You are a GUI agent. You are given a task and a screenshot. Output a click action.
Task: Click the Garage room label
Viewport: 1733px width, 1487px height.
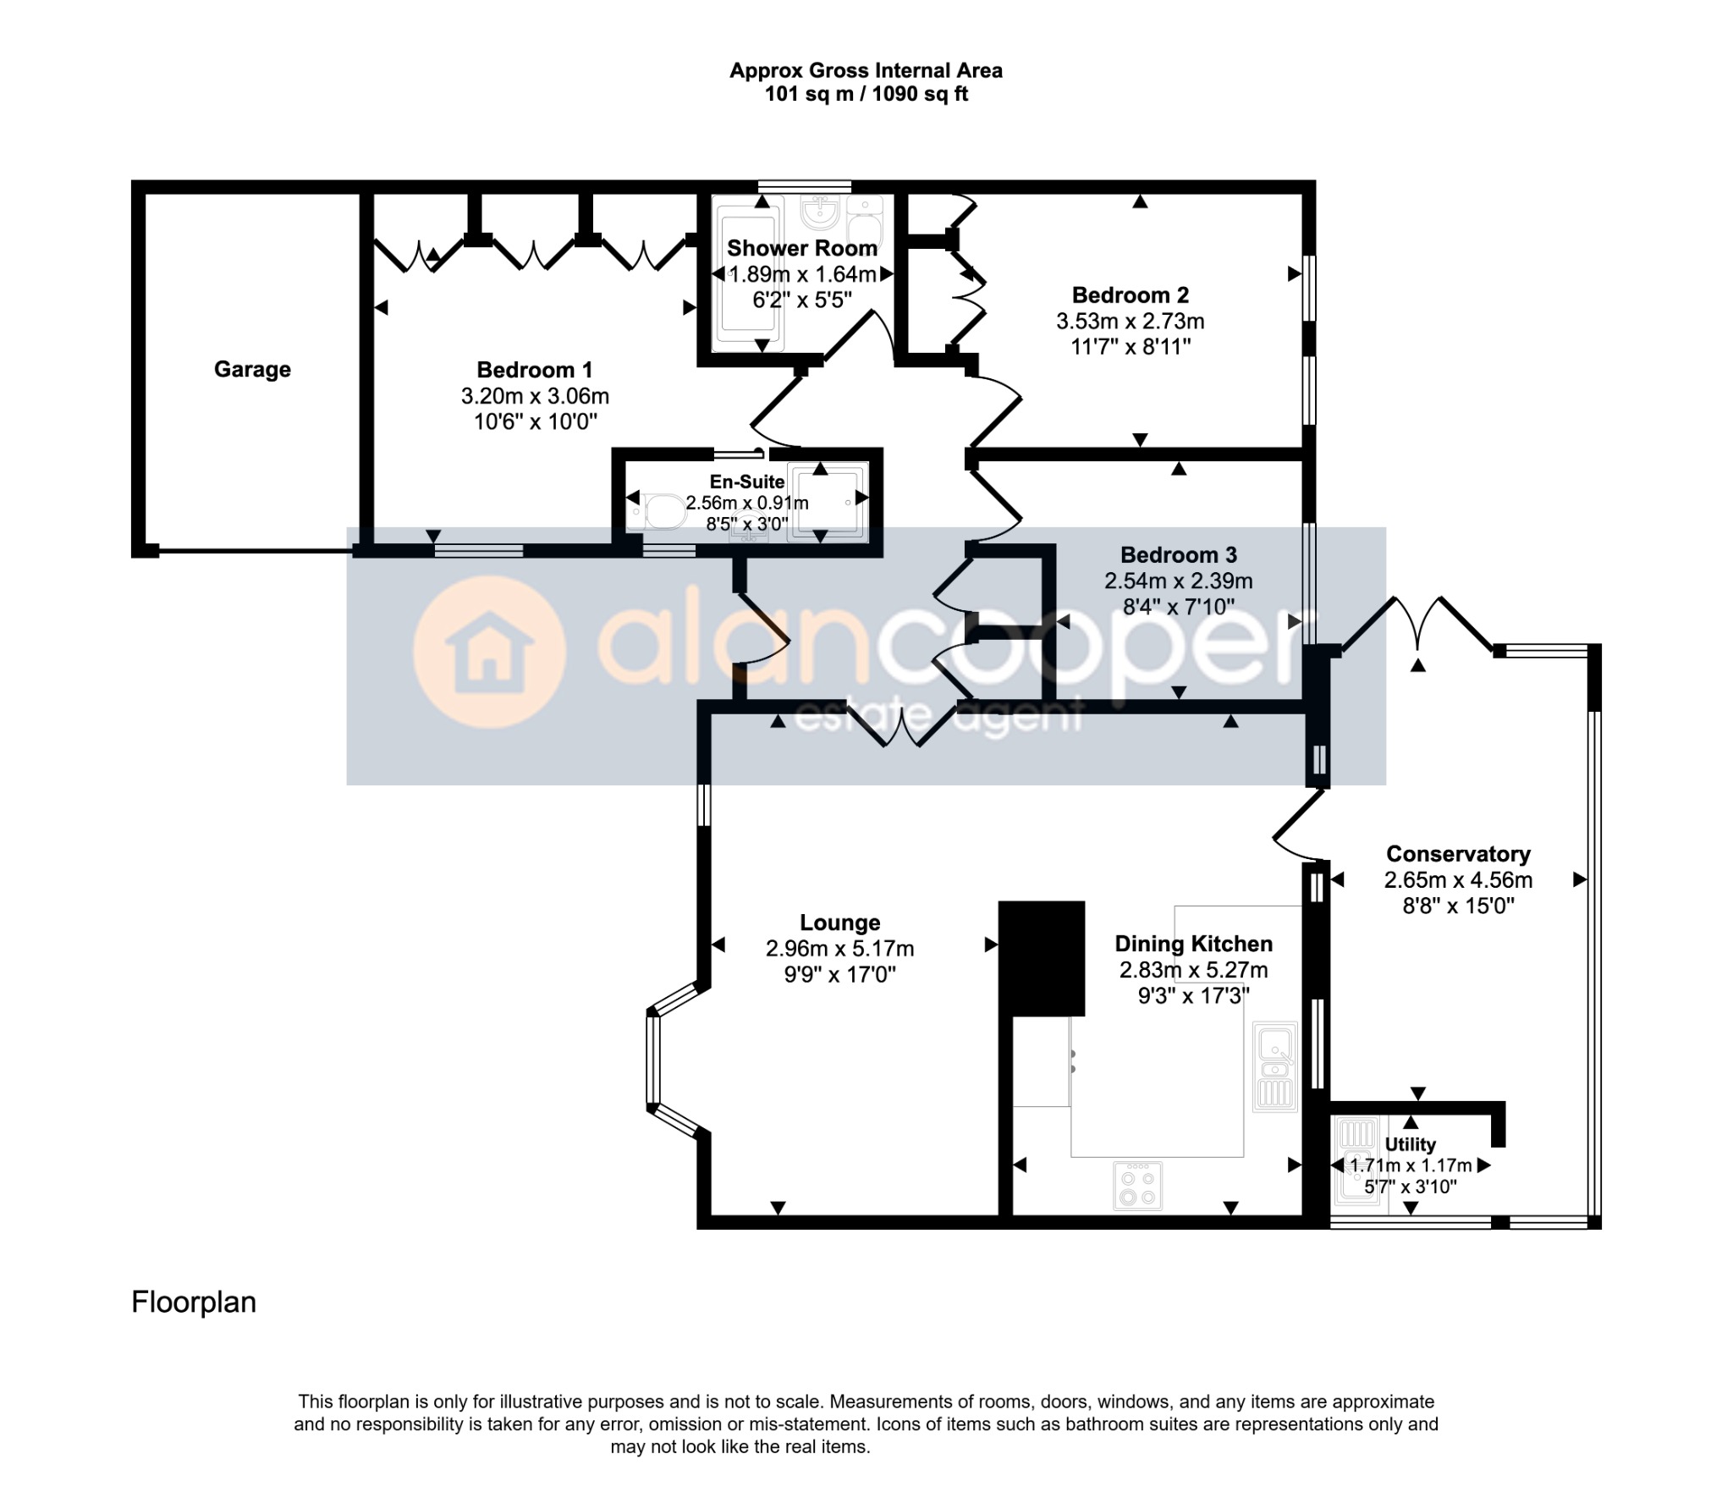click(252, 369)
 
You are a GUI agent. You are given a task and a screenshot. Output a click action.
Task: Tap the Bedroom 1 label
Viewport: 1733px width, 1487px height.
click(535, 370)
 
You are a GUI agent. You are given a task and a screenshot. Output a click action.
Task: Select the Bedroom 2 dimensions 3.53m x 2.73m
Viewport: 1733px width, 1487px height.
click(1131, 322)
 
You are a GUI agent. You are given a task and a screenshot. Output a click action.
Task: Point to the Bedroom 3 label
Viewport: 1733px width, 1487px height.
click(1179, 555)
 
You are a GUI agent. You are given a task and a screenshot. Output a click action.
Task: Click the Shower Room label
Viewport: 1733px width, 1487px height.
click(802, 248)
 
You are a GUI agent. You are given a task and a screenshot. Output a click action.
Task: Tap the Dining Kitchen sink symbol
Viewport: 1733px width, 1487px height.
click(1274, 1066)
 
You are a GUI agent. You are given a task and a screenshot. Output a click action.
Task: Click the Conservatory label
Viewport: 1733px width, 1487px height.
click(1458, 854)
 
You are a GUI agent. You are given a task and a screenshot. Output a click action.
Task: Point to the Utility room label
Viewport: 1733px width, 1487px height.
click(1410, 1144)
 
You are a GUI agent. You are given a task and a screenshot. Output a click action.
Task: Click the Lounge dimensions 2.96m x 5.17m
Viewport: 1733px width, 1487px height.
click(840, 949)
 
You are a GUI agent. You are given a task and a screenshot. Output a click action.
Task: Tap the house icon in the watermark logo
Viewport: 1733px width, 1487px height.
click(489, 653)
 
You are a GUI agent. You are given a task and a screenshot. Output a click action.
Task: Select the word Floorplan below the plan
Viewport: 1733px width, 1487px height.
click(194, 1302)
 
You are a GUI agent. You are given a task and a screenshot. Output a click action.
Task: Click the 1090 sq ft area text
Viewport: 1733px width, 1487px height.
click(920, 94)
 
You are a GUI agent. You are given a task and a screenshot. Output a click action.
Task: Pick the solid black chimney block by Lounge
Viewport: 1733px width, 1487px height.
click(1042, 958)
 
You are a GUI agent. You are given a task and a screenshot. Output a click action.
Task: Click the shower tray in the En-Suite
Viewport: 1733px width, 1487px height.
click(828, 502)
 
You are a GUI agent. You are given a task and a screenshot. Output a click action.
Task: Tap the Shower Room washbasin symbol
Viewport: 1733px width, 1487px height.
click(817, 212)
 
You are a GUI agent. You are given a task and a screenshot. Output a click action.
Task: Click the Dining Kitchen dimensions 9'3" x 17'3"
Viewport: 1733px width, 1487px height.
click(1193, 995)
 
